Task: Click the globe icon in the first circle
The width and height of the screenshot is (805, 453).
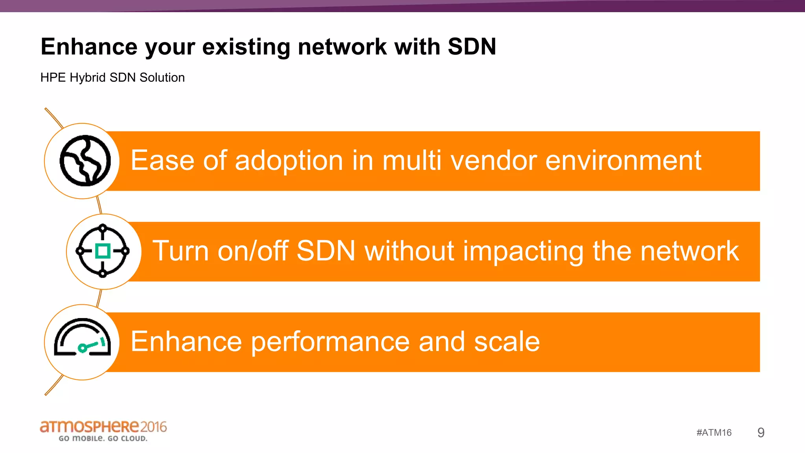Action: (x=85, y=160)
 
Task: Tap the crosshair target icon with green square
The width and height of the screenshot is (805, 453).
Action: (x=103, y=251)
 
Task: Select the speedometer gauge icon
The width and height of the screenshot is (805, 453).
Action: (x=82, y=337)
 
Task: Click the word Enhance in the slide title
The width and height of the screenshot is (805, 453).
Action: (x=89, y=47)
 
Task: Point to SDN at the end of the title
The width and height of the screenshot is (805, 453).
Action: (x=472, y=47)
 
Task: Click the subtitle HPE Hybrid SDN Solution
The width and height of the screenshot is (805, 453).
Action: (x=112, y=77)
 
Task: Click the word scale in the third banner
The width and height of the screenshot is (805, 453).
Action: (x=507, y=341)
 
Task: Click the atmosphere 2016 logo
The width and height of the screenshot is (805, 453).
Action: (x=103, y=427)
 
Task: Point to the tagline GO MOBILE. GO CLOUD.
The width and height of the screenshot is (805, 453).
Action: (x=103, y=438)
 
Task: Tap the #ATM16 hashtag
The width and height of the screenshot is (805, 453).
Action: (x=714, y=433)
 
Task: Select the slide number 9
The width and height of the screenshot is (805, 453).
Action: (x=761, y=433)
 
